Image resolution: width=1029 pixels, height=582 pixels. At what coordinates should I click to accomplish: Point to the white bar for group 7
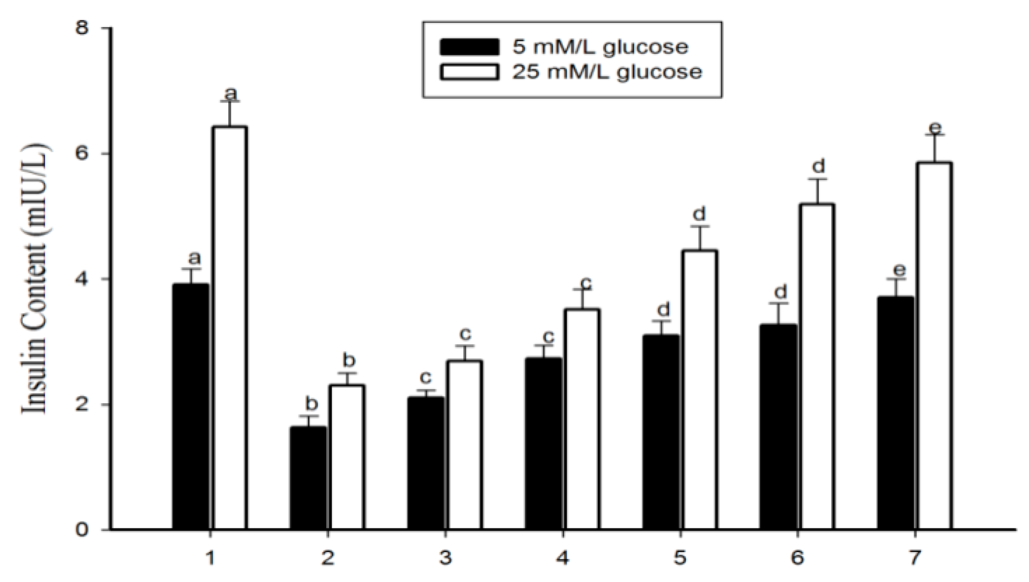934,346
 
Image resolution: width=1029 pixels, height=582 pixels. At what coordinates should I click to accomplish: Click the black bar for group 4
543,444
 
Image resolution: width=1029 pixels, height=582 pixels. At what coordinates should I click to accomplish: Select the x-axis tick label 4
562,557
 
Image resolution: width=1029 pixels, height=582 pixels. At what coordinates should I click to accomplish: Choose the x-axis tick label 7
914,557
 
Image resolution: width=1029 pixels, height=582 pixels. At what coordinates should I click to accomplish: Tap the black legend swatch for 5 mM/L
469,47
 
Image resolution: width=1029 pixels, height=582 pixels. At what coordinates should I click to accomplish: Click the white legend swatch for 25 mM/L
469,72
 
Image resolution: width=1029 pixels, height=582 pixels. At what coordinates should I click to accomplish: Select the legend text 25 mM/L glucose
607,72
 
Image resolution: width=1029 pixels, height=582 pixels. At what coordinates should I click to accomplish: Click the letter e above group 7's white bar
935,127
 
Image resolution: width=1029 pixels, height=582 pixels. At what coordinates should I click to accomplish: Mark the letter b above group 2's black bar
311,403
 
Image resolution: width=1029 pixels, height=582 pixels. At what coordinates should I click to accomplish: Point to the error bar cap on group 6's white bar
817,179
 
